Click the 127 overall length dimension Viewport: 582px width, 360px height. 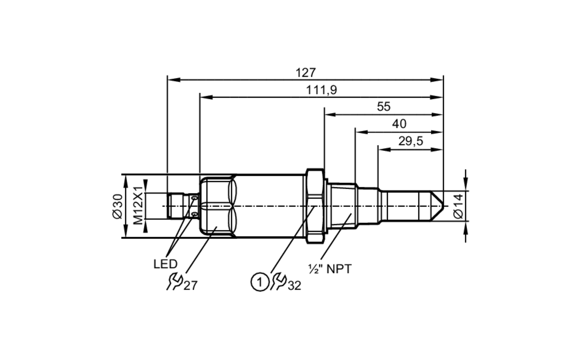pos(305,73)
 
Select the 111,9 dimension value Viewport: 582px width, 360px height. pos(321,90)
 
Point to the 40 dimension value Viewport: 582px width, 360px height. pos(399,124)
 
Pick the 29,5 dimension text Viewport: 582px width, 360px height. pos(410,141)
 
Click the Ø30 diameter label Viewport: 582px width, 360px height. pos(118,206)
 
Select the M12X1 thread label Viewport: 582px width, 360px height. pos(139,206)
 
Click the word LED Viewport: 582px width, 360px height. pos(165,264)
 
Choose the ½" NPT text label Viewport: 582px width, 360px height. pos(330,269)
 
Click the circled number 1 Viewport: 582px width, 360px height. pos(260,282)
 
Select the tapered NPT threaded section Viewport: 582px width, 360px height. pos(342,206)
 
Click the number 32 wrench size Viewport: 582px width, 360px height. pos(294,286)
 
